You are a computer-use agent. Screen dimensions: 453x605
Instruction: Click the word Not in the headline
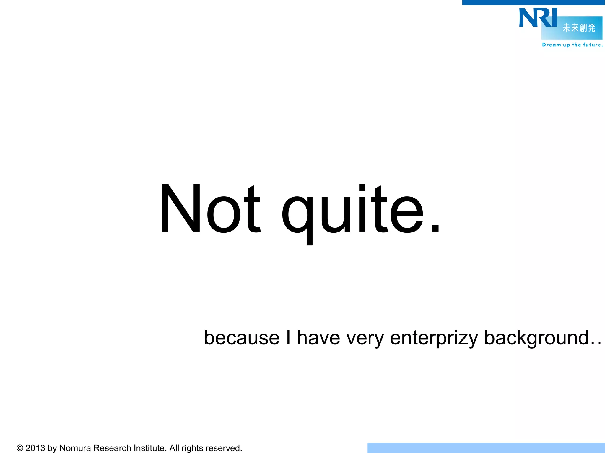pos(210,209)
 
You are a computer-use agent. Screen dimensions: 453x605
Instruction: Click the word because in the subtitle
pos(242,338)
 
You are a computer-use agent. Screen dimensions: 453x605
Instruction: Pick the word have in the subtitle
pos(318,338)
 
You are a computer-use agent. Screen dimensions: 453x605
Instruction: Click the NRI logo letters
pos(538,18)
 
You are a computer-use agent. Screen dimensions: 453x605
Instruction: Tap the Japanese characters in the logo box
pos(579,28)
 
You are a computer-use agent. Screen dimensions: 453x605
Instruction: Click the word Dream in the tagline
pos(551,45)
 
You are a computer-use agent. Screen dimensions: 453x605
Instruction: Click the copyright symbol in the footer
pos(20,448)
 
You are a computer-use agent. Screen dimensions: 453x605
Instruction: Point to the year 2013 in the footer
pos(35,448)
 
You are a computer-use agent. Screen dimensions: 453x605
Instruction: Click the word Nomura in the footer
pos(75,448)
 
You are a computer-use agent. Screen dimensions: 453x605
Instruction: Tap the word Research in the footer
pos(112,448)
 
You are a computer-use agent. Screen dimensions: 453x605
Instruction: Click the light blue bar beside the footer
pos(486,448)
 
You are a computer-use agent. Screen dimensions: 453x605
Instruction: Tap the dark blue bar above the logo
pos(533,2)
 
